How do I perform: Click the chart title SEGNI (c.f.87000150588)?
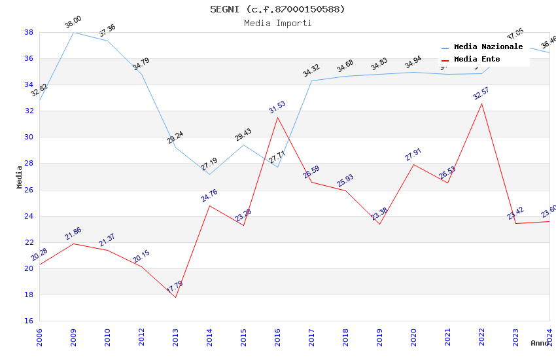tap(277, 9)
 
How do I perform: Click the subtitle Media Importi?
tap(277, 23)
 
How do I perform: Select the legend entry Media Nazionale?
tap(488, 47)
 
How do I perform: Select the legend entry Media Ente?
tap(477, 60)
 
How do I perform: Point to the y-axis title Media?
tap(20, 177)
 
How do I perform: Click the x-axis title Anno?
tap(540, 343)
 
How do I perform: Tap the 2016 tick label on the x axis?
tap(278, 337)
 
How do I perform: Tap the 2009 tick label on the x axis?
tap(74, 337)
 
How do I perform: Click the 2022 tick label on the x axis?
tap(482, 337)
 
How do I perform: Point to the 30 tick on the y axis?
tap(29, 137)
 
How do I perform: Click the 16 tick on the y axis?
tap(29, 321)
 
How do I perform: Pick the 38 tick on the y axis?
tap(29, 32)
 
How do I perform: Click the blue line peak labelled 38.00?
tap(73, 32)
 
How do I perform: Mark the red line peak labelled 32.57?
tap(482, 103)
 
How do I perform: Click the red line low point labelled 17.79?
tap(175, 297)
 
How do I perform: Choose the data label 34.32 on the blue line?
tap(311, 71)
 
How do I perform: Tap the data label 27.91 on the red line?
tap(413, 154)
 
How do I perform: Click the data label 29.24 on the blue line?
tap(175, 137)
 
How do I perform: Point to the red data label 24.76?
tap(209, 195)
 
